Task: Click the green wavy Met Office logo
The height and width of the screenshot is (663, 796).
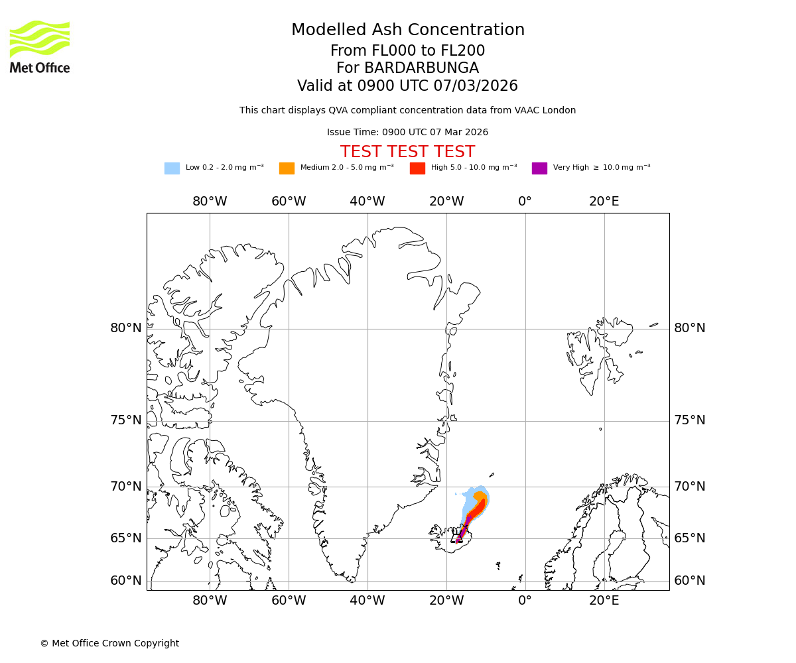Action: pos(40,38)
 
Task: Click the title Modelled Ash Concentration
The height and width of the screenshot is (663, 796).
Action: pos(407,30)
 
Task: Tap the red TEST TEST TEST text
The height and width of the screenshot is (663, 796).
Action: pos(407,152)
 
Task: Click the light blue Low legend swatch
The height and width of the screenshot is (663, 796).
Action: pos(172,168)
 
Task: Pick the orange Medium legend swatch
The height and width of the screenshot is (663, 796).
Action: pos(287,168)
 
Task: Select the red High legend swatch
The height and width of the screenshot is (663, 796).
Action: pos(417,168)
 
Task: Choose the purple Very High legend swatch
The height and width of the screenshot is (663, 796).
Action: pos(539,168)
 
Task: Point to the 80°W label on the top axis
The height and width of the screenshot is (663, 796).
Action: pos(210,202)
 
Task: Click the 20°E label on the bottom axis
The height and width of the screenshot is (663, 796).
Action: pos(604,601)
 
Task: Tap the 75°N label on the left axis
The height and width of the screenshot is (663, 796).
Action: pos(126,420)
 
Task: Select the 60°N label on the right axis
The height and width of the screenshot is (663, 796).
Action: pos(690,581)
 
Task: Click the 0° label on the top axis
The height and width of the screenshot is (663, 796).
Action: pos(525,202)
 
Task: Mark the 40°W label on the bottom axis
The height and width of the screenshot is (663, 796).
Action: pos(367,601)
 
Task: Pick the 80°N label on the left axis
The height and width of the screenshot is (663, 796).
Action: pos(126,328)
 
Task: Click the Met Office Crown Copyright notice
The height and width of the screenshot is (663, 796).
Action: pos(109,643)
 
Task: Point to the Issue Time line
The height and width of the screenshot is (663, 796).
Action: pos(407,133)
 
